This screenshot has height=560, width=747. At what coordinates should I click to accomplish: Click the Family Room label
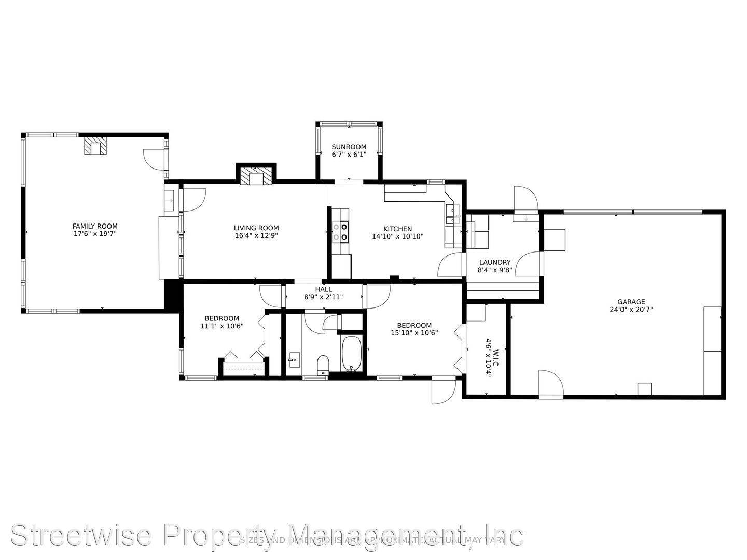pyautogui.click(x=95, y=226)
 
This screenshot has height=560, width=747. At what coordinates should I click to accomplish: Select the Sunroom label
pyautogui.click(x=349, y=147)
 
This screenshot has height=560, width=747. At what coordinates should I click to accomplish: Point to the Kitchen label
pyautogui.click(x=398, y=229)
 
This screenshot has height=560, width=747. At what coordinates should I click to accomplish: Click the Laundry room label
pyautogui.click(x=495, y=262)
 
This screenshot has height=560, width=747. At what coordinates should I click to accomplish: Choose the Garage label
pyautogui.click(x=631, y=302)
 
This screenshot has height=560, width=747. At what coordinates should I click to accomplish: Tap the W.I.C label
pyautogui.click(x=495, y=358)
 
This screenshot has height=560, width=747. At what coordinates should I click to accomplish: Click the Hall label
pyautogui.click(x=324, y=289)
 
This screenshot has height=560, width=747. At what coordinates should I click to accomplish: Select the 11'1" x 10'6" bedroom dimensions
pyautogui.click(x=222, y=326)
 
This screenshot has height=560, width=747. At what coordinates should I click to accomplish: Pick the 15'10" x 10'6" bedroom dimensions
pyautogui.click(x=414, y=333)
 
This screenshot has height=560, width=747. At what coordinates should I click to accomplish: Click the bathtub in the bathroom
pyautogui.click(x=352, y=354)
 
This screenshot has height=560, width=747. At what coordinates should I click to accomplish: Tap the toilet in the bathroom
pyautogui.click(x=323, y=364)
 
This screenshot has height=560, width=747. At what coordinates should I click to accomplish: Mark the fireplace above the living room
pyautogui.click(x=256, y=177)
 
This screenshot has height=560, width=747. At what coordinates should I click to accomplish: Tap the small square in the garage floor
pyautogui.click(x=644, y=389)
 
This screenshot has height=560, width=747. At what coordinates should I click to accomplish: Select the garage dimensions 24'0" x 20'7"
pyautogui.click(x=631, y=310)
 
